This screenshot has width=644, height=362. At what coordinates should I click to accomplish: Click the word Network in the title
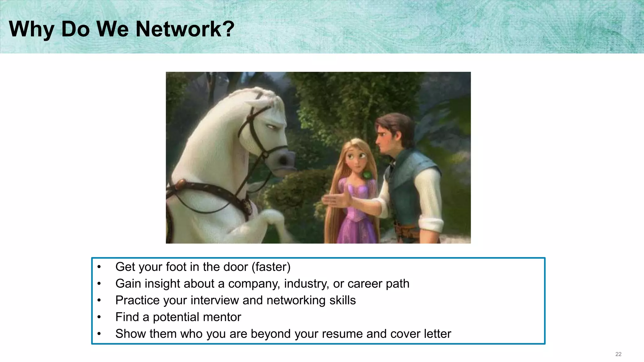pos(178,29)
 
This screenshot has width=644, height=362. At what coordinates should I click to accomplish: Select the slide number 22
pos(618,354)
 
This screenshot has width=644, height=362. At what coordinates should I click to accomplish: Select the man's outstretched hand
pos(336,200)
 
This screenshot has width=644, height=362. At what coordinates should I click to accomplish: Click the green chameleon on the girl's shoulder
pos(367,175)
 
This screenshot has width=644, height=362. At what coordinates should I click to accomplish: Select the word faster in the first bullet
pos(271,267)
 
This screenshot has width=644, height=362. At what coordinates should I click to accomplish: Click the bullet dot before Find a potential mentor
pos(99,317)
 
